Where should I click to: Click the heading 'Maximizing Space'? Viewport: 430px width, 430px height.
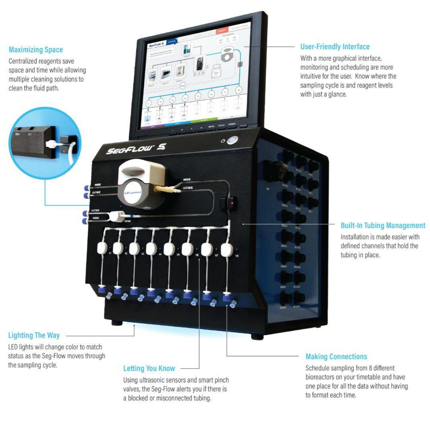pos(36,50)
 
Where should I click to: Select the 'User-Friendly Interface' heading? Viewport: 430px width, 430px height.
pos(335,47)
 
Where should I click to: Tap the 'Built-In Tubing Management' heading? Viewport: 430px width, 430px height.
pos(383,225)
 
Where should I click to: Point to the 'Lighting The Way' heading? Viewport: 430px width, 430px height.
pos(34,336)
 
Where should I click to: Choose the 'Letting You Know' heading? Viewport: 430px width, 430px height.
pos(149,369)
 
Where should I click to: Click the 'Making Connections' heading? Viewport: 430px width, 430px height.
pos(336,357)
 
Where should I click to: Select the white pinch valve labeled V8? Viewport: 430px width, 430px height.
pos(226,250)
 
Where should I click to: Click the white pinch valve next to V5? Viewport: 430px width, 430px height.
pos(169,249)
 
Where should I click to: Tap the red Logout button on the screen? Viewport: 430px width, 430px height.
pos(222,31)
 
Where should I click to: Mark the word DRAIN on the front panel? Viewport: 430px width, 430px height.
pos(127,221)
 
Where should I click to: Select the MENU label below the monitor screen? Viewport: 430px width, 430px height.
pos(211,126)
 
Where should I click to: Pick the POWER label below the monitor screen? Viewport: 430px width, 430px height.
pos(232,124)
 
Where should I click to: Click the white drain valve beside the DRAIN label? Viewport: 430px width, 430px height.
pos(116,216)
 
